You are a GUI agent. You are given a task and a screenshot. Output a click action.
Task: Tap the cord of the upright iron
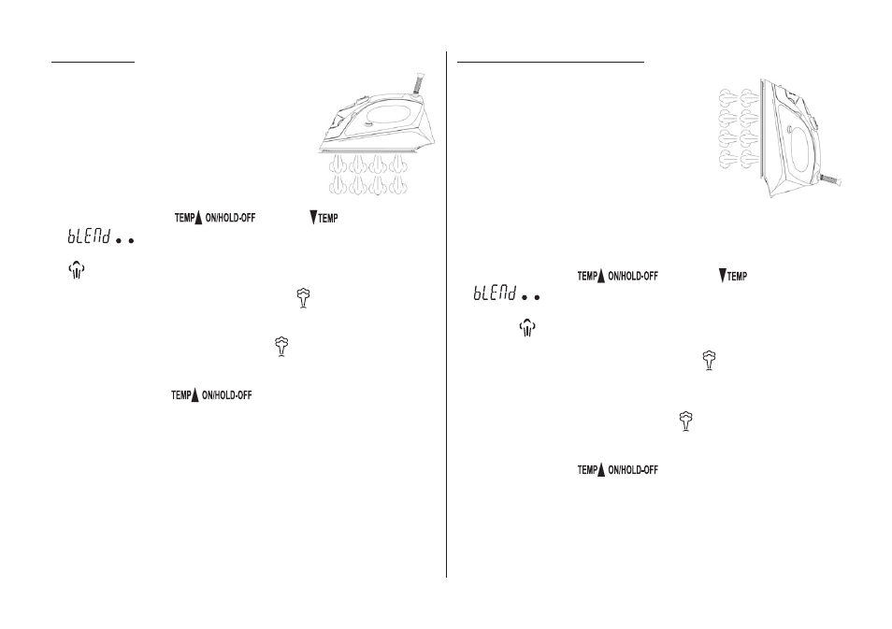point(830,180)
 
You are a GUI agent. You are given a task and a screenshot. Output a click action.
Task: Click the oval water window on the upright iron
point(800,149)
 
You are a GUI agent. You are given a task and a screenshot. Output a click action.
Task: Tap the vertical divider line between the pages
point(447,314)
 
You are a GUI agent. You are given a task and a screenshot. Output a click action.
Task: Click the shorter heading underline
point(94,62)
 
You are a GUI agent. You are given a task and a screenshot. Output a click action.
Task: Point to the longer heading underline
point(551,61)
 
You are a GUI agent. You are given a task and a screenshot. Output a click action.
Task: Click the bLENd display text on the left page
point(89,236)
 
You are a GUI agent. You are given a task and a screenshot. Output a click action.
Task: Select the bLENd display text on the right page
point(495,293)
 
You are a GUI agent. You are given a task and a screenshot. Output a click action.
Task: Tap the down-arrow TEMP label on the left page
point(324,217)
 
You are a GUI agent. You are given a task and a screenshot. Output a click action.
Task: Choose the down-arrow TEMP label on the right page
point(733,276)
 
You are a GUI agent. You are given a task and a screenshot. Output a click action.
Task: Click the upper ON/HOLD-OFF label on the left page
point(230,218)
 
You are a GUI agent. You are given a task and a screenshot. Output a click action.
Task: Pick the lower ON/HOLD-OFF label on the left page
point(227,395)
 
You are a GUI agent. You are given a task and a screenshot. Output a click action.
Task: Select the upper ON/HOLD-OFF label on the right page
point(633,277)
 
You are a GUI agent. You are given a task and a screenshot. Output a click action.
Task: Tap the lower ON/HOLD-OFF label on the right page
point(633,470)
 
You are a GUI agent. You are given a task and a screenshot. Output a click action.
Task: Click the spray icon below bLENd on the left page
point(77,270)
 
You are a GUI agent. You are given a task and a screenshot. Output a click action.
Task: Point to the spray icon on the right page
point(528,327)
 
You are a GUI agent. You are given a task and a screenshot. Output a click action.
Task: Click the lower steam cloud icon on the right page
point(686,422)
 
